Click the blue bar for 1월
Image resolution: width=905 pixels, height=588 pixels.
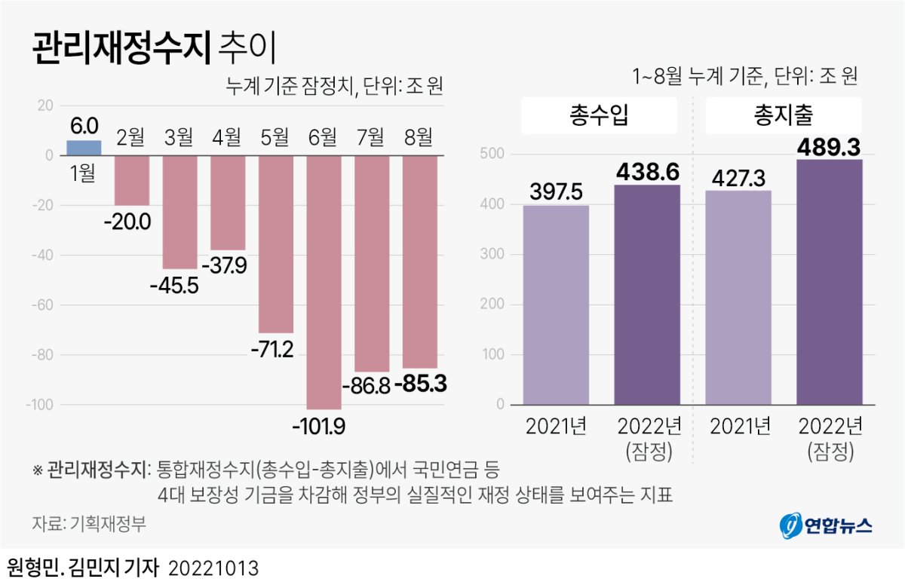point(84,148)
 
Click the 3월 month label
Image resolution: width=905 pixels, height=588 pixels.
point(179,137)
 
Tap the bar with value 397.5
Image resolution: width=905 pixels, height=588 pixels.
point(556,305)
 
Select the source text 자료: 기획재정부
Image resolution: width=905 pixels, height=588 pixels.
point(89,524)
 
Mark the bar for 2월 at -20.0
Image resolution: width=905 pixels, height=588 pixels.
point(131,180)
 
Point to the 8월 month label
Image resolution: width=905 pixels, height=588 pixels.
point(419,137)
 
